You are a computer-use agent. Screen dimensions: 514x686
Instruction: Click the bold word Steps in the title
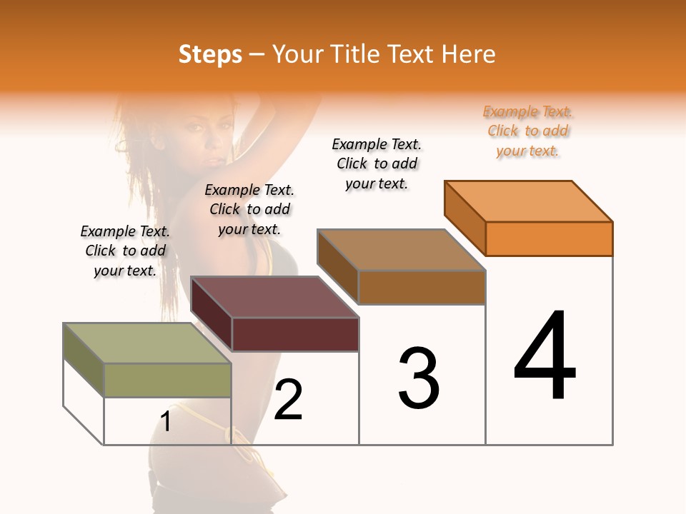pos(210,54)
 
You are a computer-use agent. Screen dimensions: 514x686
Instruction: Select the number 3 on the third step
pos(419,378)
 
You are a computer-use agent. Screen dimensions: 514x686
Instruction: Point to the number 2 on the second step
pos(288,399)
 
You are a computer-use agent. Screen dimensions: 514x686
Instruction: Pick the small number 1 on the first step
pos(165,422)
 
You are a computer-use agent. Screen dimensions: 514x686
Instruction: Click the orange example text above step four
pos(527,131)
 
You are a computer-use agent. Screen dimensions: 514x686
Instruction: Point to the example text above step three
pos(377,163)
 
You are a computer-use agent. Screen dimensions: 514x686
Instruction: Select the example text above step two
pos(249,209)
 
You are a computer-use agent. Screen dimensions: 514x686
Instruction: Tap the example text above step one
pos(125,251)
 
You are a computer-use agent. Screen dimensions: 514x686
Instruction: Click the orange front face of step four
pos(549,238)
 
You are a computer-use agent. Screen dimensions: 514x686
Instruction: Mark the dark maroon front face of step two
pos(295,334)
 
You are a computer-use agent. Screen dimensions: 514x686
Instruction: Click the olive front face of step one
pos(167,380)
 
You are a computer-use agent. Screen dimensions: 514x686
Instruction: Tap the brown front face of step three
pos(422,287)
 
